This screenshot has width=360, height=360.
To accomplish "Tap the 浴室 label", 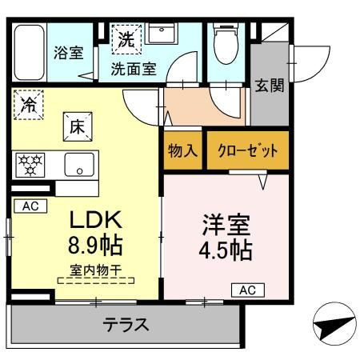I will click(68, 54).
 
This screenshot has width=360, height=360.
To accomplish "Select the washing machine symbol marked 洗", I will click(127, 37).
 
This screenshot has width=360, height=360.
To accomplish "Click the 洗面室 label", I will click(134, 69).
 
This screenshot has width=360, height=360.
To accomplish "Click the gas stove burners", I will click(31, 166).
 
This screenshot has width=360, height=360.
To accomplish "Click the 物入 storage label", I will click(182, 151).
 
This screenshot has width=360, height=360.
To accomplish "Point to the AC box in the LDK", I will click(30, 206).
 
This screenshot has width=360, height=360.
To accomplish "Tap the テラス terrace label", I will click(126, 325).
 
